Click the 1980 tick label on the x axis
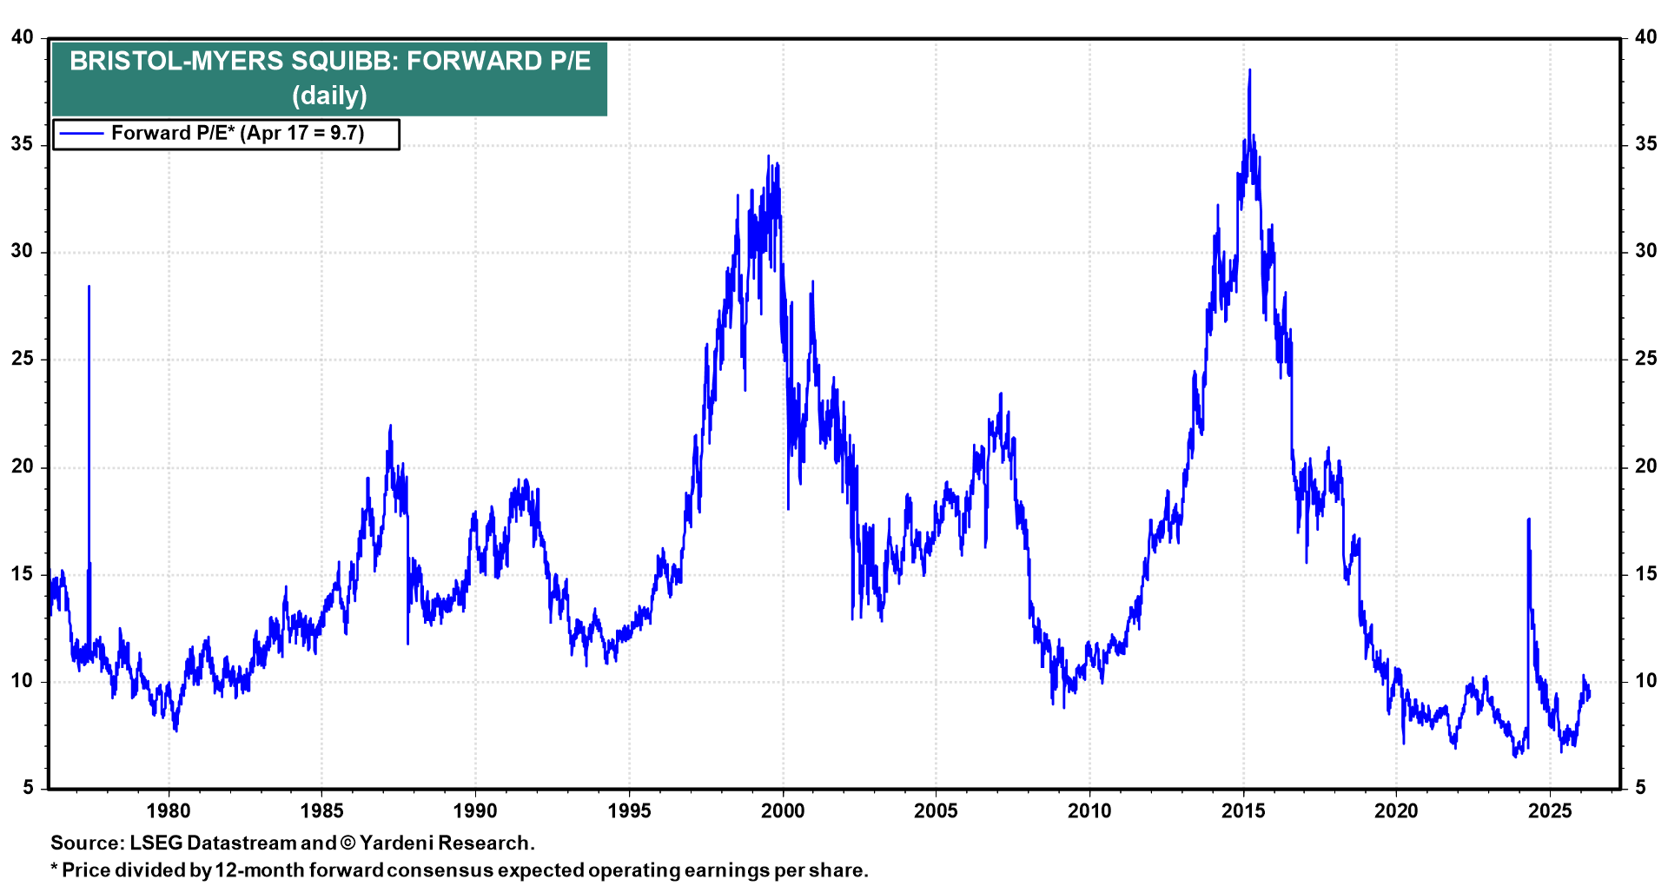click(168, 811)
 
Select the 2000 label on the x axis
click(782, 811)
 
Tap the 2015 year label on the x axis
click(1243, 811)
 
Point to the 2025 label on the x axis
click(1550, 811)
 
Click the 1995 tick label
click(629, 811)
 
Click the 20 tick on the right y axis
click(1645, 466)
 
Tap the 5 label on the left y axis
click(28, 788)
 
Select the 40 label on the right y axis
click(1645, 37)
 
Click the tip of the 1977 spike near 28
click(89, 286)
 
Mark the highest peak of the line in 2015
click(1249, 69)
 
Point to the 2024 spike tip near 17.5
click(1528, 519)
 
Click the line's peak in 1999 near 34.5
click(768, 156)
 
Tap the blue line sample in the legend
click(81, 134)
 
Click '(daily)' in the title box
click(329, 95)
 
